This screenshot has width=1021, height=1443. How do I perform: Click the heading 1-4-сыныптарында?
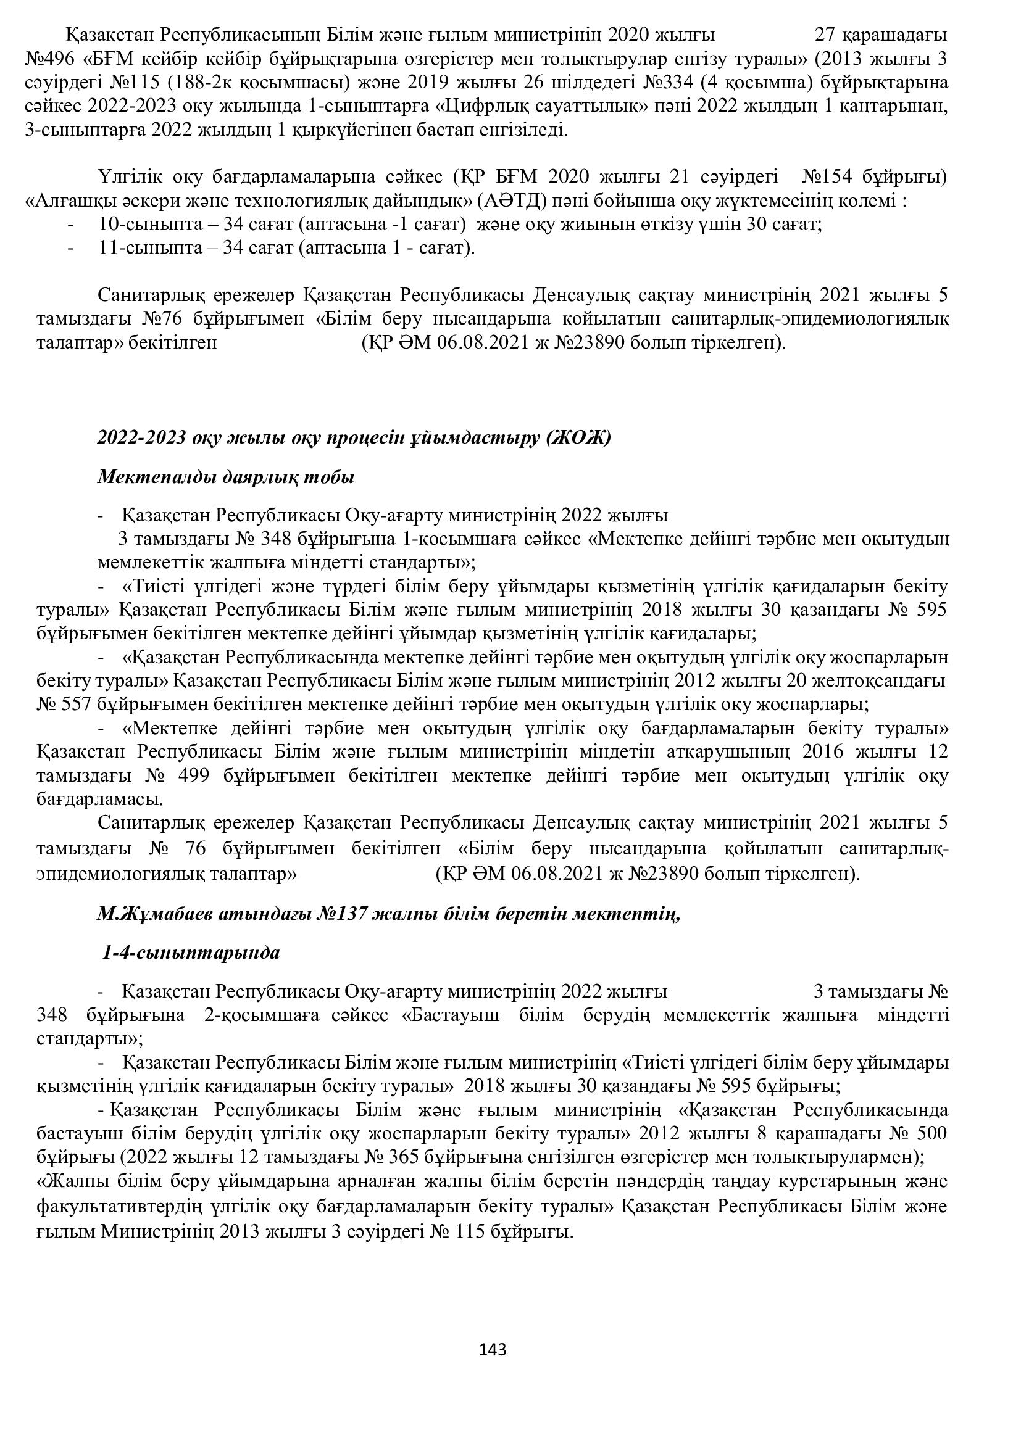coord(191,953)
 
